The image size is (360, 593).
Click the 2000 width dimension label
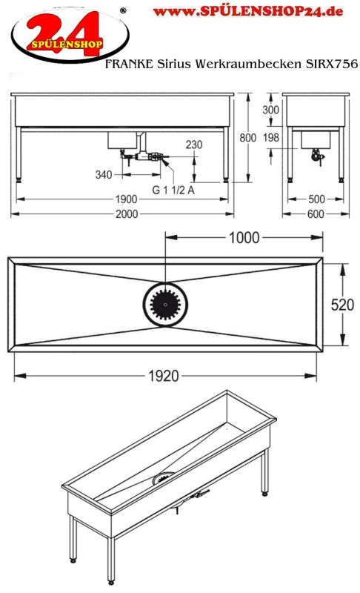coord(127,214)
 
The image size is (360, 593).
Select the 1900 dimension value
coord(126,199)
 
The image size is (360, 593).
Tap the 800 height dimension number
coord(248,138)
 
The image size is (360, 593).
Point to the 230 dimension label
coord(194,145)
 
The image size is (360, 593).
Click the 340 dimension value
coord(104,175)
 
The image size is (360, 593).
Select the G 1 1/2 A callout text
coord(173,190)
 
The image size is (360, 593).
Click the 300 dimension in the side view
coord(271,110)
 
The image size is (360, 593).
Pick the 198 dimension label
coord(271,137)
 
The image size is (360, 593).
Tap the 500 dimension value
coord(316,199)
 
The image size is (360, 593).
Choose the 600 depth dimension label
coord(316,214)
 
